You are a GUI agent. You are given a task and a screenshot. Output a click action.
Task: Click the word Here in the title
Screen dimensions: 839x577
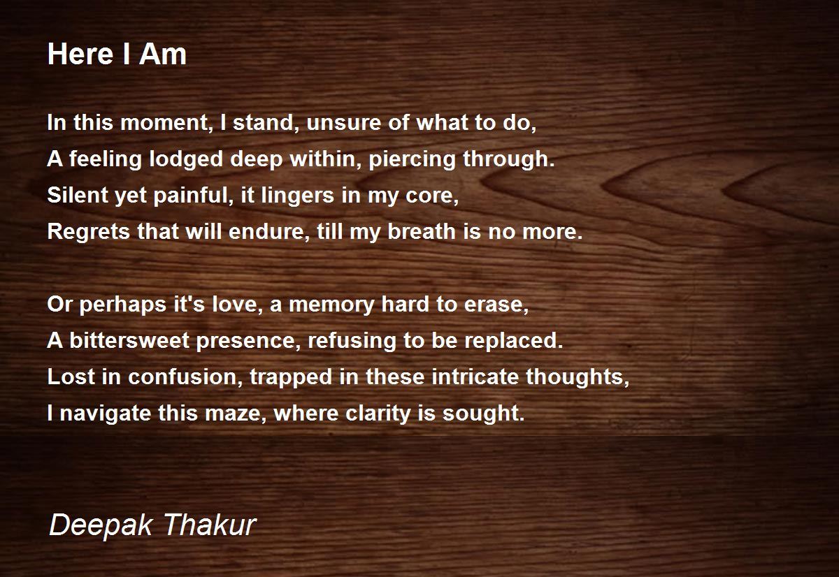tap(80, 54)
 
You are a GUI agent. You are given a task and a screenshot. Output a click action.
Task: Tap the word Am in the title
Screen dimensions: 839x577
tap(163, 54)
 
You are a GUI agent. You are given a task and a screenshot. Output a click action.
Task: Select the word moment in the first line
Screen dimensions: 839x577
tap(166, 122)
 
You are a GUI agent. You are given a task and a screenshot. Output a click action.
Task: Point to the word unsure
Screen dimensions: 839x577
tap(343, 122)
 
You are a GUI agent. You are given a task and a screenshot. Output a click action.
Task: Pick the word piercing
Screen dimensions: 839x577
tap(412, 159)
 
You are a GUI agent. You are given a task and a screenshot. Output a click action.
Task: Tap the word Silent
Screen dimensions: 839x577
tap(78, 195)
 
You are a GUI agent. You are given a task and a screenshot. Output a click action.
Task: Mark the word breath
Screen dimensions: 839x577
tap(422, 231)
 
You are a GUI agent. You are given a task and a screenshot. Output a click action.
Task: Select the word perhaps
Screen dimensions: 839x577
tap(123, 305)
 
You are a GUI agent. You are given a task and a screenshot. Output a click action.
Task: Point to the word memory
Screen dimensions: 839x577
tap(331, 305)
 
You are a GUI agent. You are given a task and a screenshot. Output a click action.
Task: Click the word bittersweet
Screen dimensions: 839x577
tap(129, 341)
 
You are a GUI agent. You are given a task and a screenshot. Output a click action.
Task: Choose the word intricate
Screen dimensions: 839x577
tap(475, 377)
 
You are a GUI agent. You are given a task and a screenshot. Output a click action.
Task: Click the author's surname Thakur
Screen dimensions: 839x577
tap(210, 525)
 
